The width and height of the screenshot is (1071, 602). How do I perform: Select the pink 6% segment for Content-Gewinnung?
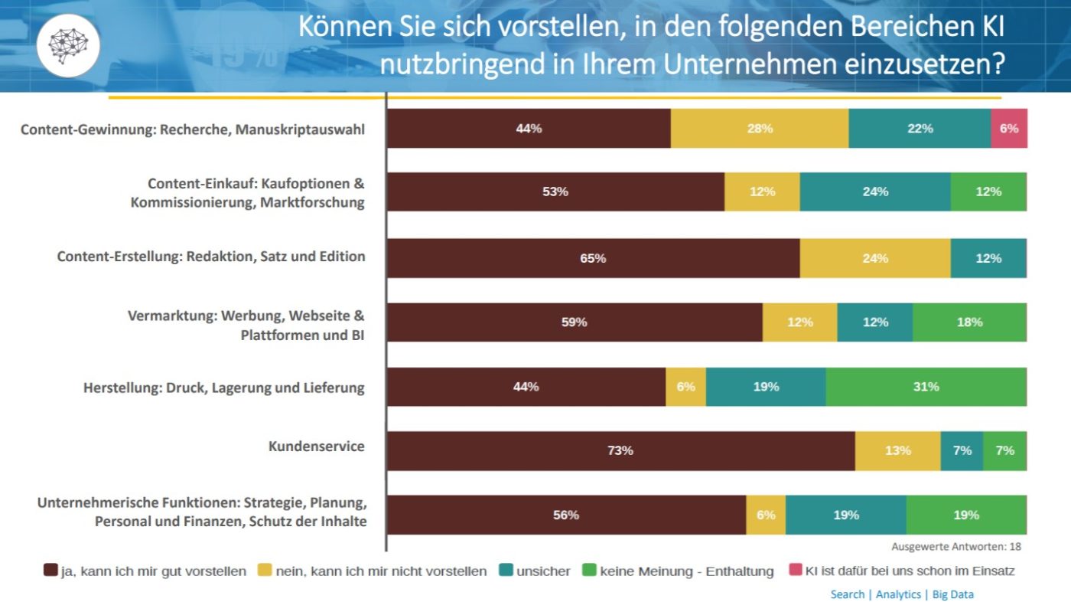click(1009, 129)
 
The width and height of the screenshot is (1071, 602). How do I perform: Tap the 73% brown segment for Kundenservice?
click(620, 450)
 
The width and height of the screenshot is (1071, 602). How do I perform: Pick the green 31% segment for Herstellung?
click(926, 387)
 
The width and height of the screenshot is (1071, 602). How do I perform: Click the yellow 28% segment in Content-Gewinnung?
click(760, 129)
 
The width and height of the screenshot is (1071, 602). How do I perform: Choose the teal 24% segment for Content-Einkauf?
click(875, 191)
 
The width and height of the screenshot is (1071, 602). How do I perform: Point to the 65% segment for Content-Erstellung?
click(593, 258)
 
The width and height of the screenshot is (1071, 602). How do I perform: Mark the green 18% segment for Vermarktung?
click(969, 322)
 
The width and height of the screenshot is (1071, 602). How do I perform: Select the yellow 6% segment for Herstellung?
click(685, 387)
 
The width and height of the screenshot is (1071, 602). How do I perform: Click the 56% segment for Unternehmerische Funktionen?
click(566, 515)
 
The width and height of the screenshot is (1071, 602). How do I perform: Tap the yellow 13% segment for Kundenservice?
click(897, 450)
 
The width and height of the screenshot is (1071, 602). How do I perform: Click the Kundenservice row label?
click(316, 446)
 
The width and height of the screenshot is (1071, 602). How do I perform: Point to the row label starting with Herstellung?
click(223, 388)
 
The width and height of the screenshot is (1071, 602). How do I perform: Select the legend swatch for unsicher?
click(506, 571)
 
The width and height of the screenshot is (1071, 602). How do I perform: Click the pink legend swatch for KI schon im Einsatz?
click(796, 571)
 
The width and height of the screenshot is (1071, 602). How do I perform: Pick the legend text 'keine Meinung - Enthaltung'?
click(686, 571)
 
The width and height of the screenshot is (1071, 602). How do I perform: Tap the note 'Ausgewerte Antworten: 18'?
click(955, 547)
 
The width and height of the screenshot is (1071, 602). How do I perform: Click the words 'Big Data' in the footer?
click(952, 594)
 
